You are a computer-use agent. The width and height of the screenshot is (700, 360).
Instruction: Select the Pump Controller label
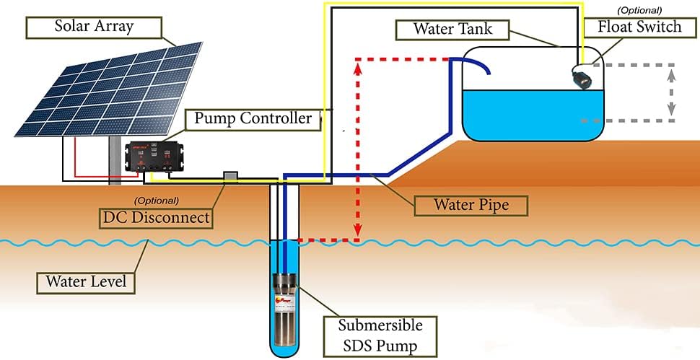253,119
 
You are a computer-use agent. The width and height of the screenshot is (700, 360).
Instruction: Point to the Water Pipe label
471,205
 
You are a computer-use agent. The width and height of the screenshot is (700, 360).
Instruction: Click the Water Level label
86,281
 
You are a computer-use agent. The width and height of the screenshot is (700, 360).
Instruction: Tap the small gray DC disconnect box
231,177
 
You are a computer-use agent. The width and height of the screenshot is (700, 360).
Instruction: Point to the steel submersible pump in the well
286,303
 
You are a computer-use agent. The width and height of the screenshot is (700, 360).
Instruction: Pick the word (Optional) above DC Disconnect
157,200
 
